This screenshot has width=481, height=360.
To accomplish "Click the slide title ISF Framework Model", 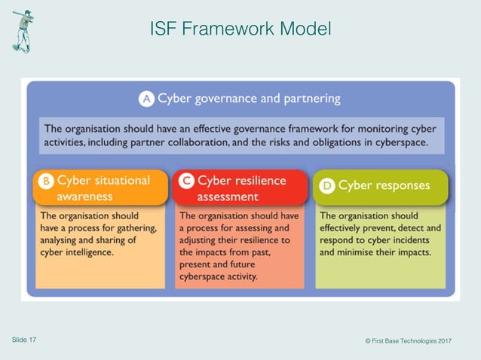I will (240, 29).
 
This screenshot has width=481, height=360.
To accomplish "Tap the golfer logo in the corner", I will (23, 31).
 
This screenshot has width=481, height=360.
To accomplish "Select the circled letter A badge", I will (146, 99).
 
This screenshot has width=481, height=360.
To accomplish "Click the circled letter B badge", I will (46, 182).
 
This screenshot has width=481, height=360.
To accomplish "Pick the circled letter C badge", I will (185, 182).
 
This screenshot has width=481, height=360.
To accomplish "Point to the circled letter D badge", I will (326, 186).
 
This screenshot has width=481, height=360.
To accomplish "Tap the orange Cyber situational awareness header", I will (100, 188).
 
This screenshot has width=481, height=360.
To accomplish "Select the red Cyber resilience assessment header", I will (240, 188).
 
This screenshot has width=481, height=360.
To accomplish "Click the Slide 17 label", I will (24, 340).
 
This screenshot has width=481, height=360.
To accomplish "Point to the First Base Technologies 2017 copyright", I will (408, 341).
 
